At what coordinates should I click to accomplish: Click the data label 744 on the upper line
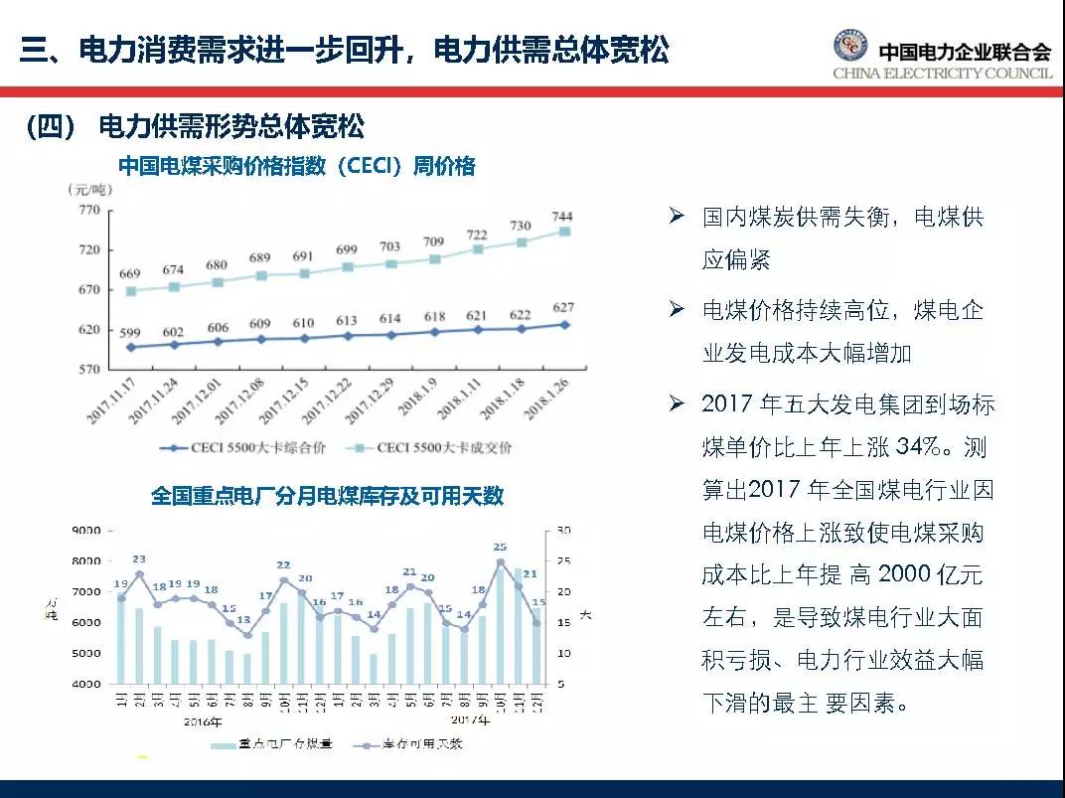562,216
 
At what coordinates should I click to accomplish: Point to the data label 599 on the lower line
130,333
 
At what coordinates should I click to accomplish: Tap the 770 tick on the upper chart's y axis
89,210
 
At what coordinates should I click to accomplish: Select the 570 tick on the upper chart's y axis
89,369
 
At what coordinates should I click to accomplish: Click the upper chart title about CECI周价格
297,166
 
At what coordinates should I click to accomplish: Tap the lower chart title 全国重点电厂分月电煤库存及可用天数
327,495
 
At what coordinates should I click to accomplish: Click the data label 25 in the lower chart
500,547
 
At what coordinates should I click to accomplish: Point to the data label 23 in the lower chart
139,559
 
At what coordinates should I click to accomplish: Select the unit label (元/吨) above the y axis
90,189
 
